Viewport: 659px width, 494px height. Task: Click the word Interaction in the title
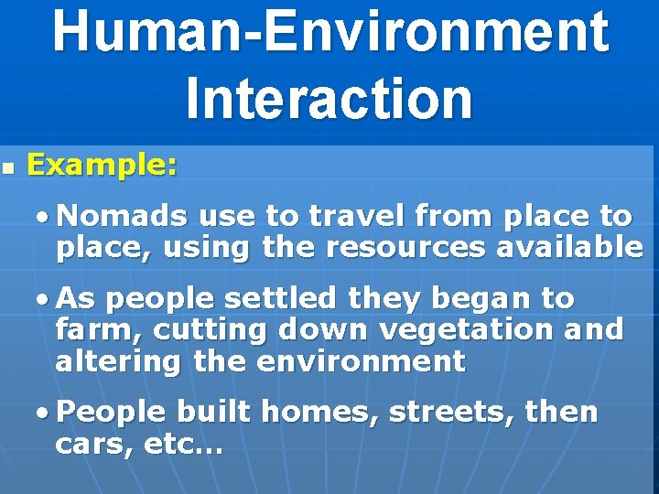[329, 98]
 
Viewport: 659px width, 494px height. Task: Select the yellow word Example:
[103, 166]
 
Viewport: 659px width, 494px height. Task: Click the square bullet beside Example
[8, 169]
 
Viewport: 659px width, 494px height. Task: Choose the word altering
[118, 361]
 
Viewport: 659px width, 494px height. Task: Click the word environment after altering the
[361, 361]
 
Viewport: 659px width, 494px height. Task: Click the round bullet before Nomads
[43, 218]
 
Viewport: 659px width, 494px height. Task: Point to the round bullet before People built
[43, 413]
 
